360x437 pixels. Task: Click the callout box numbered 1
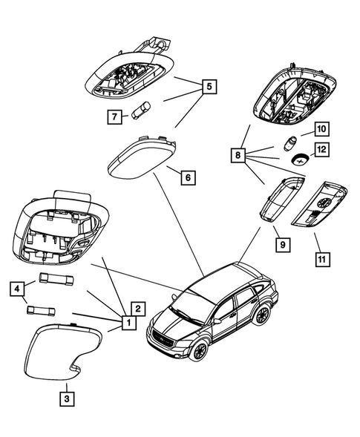pyautogui.click(x=127, y=323)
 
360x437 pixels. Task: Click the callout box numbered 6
pyautogui.click(x=187, y=178)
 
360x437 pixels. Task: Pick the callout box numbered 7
pyautogui.click(x=114, y=116)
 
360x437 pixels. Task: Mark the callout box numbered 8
pyautogui.click(x=237, y=156)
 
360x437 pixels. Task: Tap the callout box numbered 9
pyautogui.click(x=281, y=243)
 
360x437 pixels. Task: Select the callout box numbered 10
pyautogui.click(x=321, y=128)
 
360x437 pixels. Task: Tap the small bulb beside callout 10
pyautogui.click(x=290, y=141)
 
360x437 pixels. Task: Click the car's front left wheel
pyautogui.click(x=198, y=350)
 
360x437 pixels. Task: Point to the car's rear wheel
pyautogui.click(x=261, y=315)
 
